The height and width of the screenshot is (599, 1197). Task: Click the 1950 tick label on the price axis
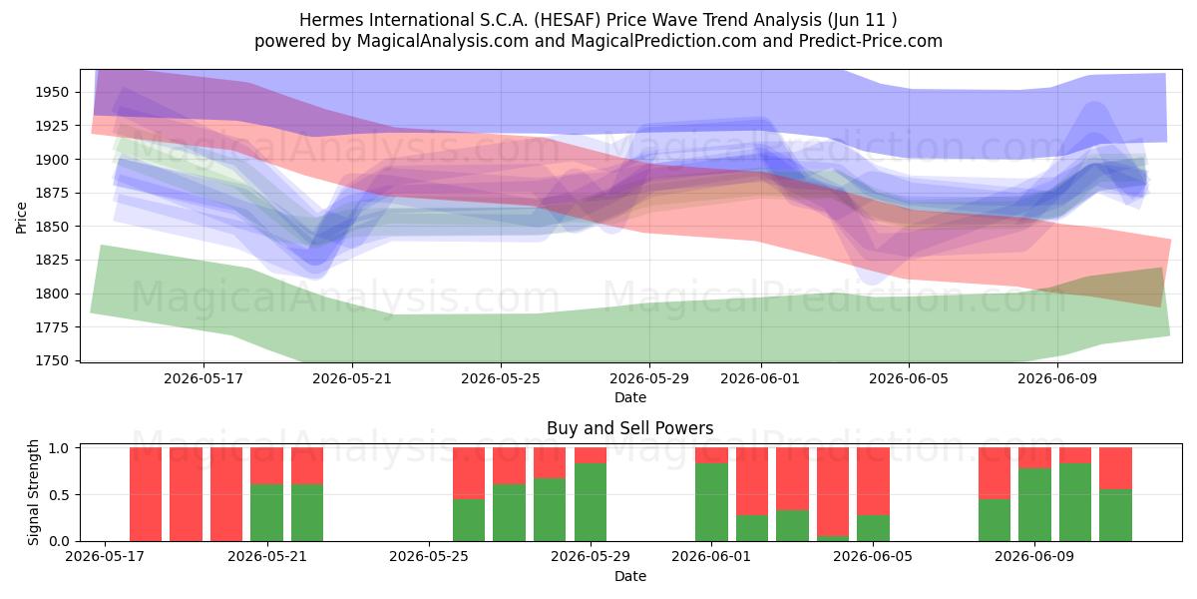pyautogui.click(x=52, y=93)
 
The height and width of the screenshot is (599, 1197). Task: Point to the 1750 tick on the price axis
pyautogui.click(x=52, y=360)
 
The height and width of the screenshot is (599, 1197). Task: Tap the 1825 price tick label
pyautogui.click(x=52, y=260)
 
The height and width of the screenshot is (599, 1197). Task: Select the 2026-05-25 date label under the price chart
pyautogui.click(x=501, y=378)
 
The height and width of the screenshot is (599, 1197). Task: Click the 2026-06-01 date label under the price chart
pyautogui.click(x=760, y=378)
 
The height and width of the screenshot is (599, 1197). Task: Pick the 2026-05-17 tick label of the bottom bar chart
pyautogui.click(x=105, y=556)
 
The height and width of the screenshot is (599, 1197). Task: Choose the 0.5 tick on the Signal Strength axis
pyautogui.click(x=59, y=495)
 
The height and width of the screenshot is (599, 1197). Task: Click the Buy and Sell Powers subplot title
pyautogui.click(x=630, y=428)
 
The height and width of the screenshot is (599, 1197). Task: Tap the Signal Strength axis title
pyautogui.click(x=33, y=492)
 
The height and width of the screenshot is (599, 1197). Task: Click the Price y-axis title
pyautogui.click(x=21, y=218)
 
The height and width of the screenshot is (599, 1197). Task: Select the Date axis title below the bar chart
pyautogui.click(x=630, y=576)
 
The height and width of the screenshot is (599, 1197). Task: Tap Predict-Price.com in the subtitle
pyautogui.click(x=871, y=41)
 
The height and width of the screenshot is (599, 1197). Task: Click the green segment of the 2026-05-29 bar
pyautogui.click(x=591, y=502)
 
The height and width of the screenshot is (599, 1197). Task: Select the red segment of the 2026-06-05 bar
pyautogui.click(x=873, y=481)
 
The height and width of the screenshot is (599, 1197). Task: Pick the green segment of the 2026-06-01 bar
pyautogui.click(x=711, y=502)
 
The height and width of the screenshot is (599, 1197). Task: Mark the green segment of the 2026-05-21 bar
pyautogui.click(x=266, y=513)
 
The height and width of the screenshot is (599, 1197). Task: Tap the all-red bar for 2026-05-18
pyautogui.click(x=146, y=495)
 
